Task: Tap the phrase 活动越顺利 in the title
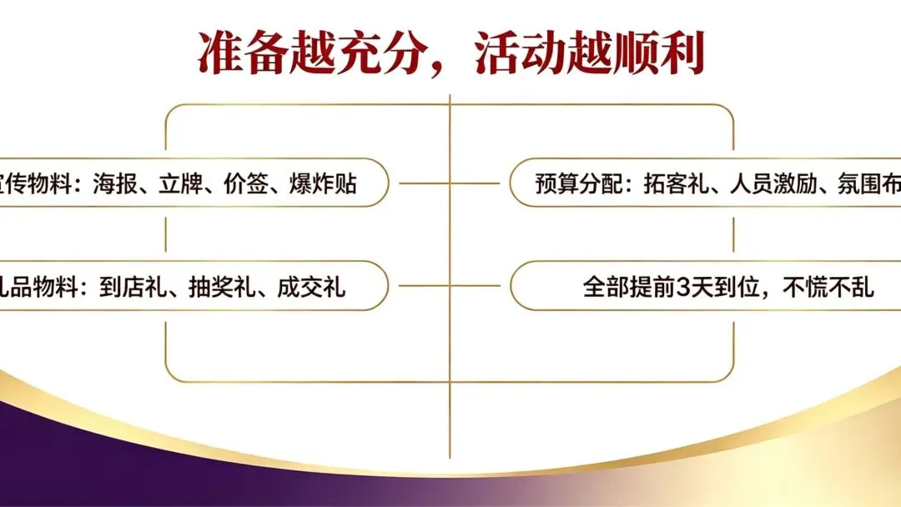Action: point(589,53)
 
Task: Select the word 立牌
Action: point(194,183)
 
